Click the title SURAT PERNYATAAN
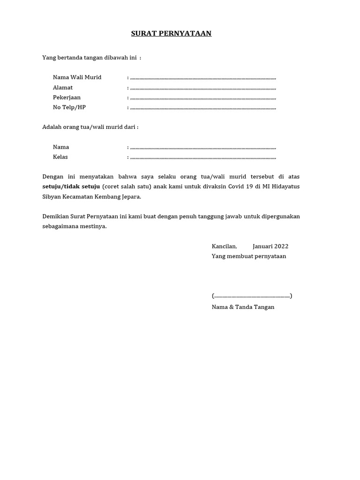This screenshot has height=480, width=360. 171,33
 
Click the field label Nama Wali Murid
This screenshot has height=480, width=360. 77,77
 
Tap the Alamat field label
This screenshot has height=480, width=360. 63,88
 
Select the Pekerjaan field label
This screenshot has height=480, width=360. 67,97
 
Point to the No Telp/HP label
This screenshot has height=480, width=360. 69,107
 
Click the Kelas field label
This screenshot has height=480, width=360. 60,157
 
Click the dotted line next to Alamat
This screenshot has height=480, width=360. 203,88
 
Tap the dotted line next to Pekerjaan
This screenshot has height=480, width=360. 203,98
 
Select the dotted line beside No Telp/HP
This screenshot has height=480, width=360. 203,108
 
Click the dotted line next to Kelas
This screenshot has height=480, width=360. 203,157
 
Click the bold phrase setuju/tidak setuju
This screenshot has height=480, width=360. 71,187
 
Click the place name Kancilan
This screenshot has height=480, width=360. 224,247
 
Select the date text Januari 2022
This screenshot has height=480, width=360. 270,247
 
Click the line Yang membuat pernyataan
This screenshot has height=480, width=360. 249,256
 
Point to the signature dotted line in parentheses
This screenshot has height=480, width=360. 252,296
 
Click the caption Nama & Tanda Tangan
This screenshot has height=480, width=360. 243,307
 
